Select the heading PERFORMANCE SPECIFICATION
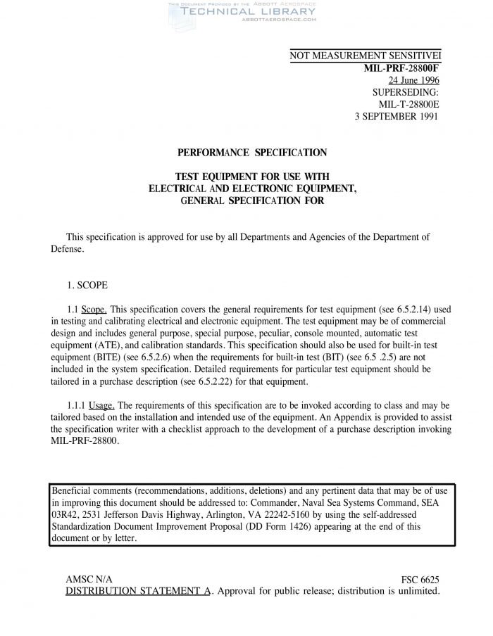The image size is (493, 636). tap(251, 152)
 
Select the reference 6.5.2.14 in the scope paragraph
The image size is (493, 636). tap(410, 309)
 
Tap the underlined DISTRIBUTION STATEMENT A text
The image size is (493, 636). tap(138, 591)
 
